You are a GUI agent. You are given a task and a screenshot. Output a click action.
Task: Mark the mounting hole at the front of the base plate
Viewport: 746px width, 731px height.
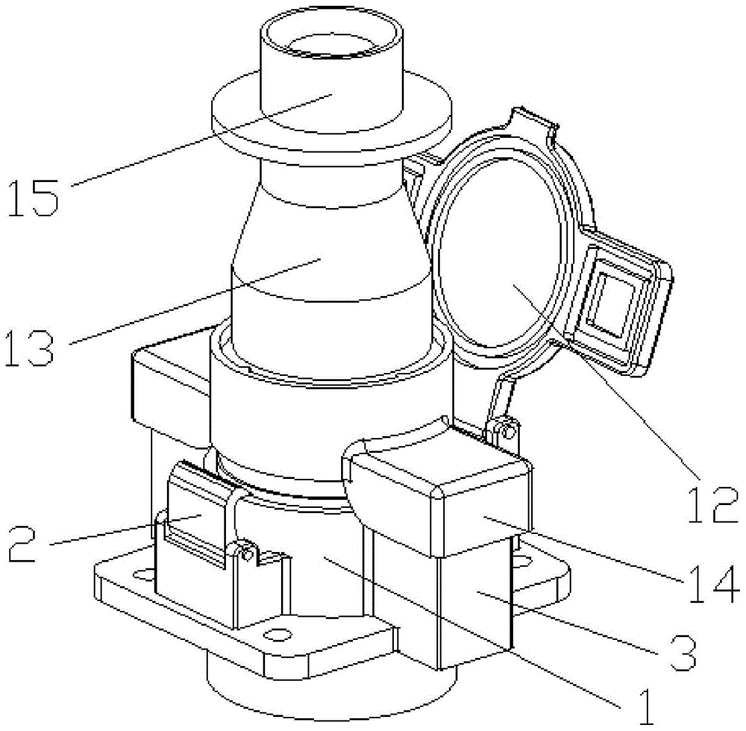[x=277, y=634]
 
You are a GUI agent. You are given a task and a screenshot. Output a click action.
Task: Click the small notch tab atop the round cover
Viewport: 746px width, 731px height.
[x=531, y=119]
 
